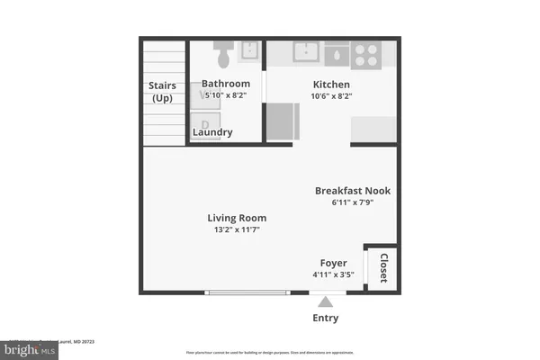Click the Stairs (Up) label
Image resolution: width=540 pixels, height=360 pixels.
[163, 92]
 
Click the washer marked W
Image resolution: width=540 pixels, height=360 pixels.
[205, 94]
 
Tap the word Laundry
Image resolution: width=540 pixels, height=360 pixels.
[213, 133]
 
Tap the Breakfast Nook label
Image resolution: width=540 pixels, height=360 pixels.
[352, 191]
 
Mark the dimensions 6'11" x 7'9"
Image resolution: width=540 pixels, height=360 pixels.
[352, 202]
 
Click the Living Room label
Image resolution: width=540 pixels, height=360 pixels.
[237, 218]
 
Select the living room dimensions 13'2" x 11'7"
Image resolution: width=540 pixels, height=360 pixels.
[237, 230]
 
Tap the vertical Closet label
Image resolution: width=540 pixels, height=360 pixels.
[382, 267]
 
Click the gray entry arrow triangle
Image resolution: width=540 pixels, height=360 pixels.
[325, 301]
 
